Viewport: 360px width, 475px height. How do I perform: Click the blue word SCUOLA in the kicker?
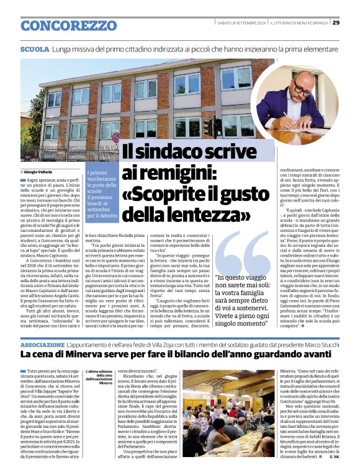(34, 48)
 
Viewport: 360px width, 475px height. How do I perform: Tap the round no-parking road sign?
(116, 136)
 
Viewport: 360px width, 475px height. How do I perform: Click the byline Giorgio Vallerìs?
(39, 171)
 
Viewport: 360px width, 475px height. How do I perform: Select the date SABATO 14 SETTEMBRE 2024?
(241, 23)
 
